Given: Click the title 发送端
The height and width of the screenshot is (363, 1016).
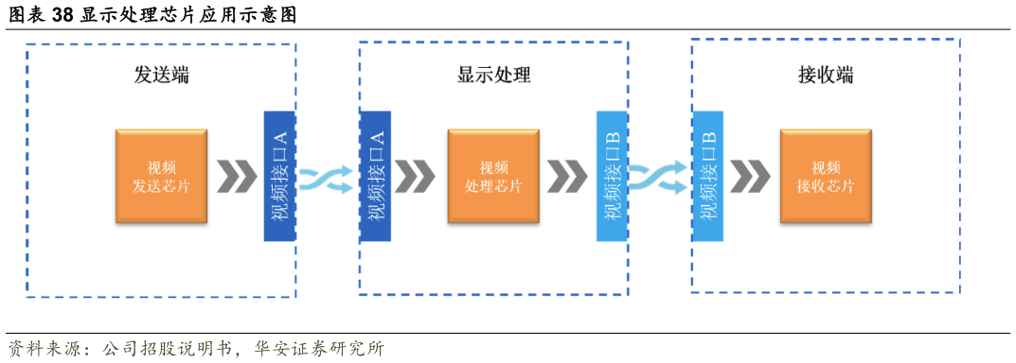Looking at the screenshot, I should pyautogui.click(x=162, y=75).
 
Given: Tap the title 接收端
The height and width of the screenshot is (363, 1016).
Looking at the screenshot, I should pyautogui.click(x=826, y=75).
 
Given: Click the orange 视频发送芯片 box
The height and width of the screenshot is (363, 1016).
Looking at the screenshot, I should pyautogui.click(x=162, y=177).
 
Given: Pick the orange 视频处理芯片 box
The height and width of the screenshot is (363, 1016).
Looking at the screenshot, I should pyautogui.click(x=493, y=177).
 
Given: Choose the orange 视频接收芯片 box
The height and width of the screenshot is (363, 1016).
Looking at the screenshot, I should pyautogui.click(x=826, y=177).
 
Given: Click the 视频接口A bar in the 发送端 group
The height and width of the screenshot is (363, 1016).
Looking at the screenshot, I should pyautogui.click(x=280, y=176).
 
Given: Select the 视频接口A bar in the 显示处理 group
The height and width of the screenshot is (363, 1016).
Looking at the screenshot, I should pyautogui.click(x=375, y=176).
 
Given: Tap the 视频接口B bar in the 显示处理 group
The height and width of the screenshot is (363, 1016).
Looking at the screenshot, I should pyautogui.click(x=612, y=176).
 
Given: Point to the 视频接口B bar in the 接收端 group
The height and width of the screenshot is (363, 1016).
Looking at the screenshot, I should pyautogui.click(x=707, y=176).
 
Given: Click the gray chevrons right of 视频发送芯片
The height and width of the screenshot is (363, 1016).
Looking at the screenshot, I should pyautogui.click(x=236, y=177).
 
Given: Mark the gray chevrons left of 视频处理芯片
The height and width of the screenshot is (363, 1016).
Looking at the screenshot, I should pyautogui.click(x=414, y=177).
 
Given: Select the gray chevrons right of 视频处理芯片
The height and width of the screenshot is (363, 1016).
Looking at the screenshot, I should pyautogui.click(x=567, y=177).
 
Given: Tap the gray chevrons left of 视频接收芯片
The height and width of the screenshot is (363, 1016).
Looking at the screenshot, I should pyautogui.click(x=749, y=177).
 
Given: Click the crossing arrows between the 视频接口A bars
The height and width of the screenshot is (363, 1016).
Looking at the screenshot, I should pyautogui.click(x=327, y=178).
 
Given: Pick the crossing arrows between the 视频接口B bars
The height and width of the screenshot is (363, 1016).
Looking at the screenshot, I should pyautogui.click(x=659, y=178).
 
